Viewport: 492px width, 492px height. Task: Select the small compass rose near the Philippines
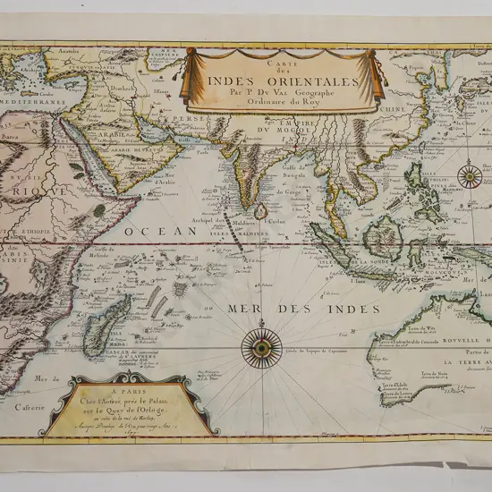[x=469, y=174]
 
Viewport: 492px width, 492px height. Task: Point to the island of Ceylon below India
[x=261, y=211]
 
